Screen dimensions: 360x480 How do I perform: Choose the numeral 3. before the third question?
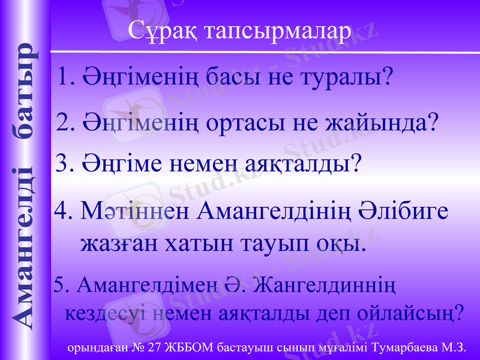(64, 162)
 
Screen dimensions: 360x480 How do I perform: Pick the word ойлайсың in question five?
(409, 313)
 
